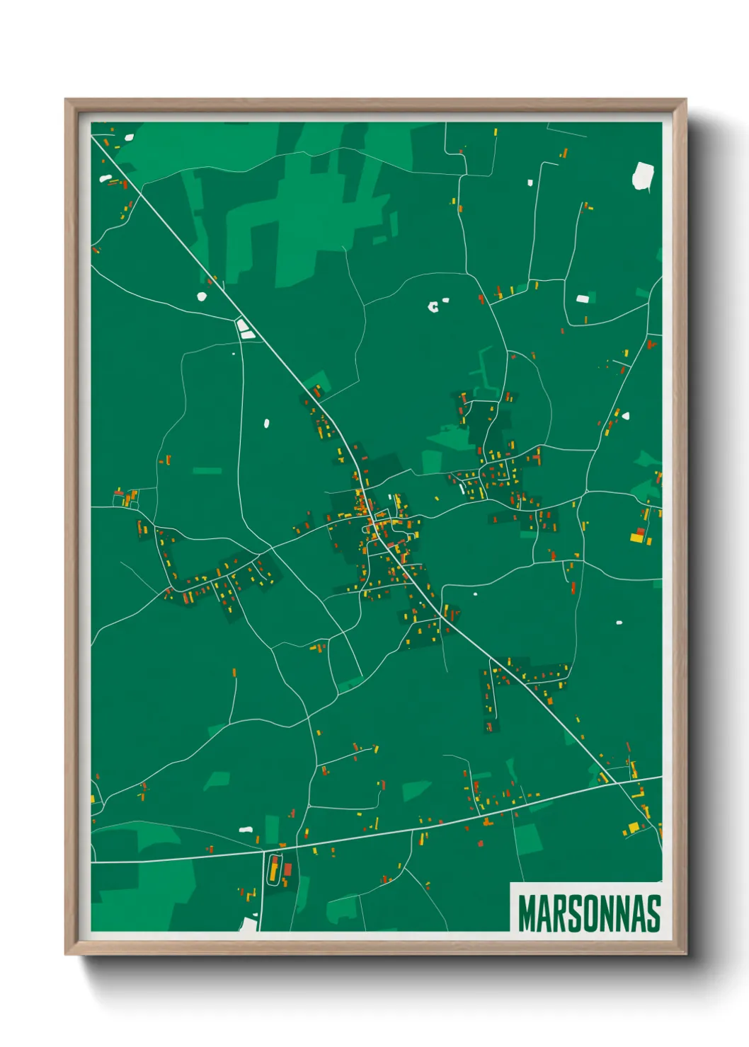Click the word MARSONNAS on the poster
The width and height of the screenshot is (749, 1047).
click(589, 913)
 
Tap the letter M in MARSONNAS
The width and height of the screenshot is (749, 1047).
click(527, 913)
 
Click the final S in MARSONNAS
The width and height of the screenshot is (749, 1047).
click(653, 913)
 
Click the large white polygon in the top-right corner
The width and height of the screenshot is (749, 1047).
click(643, 176)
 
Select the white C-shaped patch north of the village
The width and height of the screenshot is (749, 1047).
click(434, 306)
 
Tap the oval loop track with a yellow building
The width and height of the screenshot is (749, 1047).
click(273, 869)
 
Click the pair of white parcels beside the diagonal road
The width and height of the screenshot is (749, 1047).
click(245, 328)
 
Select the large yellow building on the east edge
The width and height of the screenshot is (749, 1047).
click(636, 538)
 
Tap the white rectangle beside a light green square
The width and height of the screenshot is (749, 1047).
click(582, 299)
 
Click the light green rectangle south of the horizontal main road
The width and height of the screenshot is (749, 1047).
click(527, 838)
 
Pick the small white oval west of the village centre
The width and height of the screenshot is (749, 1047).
click(266, 424)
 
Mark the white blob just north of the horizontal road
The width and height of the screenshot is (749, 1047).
click(246, 829)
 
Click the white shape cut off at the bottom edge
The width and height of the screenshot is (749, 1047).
click(249, 923)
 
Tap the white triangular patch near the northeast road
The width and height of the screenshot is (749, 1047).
click(625, 415)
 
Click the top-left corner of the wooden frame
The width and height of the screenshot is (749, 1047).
click(67, 100)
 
